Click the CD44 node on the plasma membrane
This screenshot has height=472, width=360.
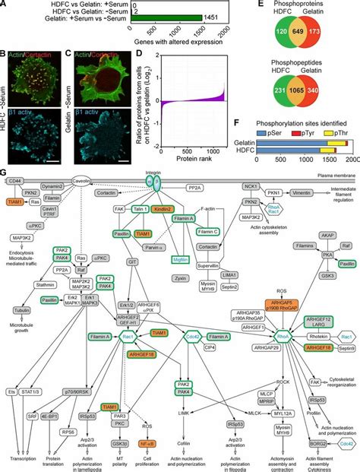pyautogui.click(x=15, y=201)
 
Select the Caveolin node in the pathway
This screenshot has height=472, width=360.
pyautogui.click(x=83, y=202)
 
